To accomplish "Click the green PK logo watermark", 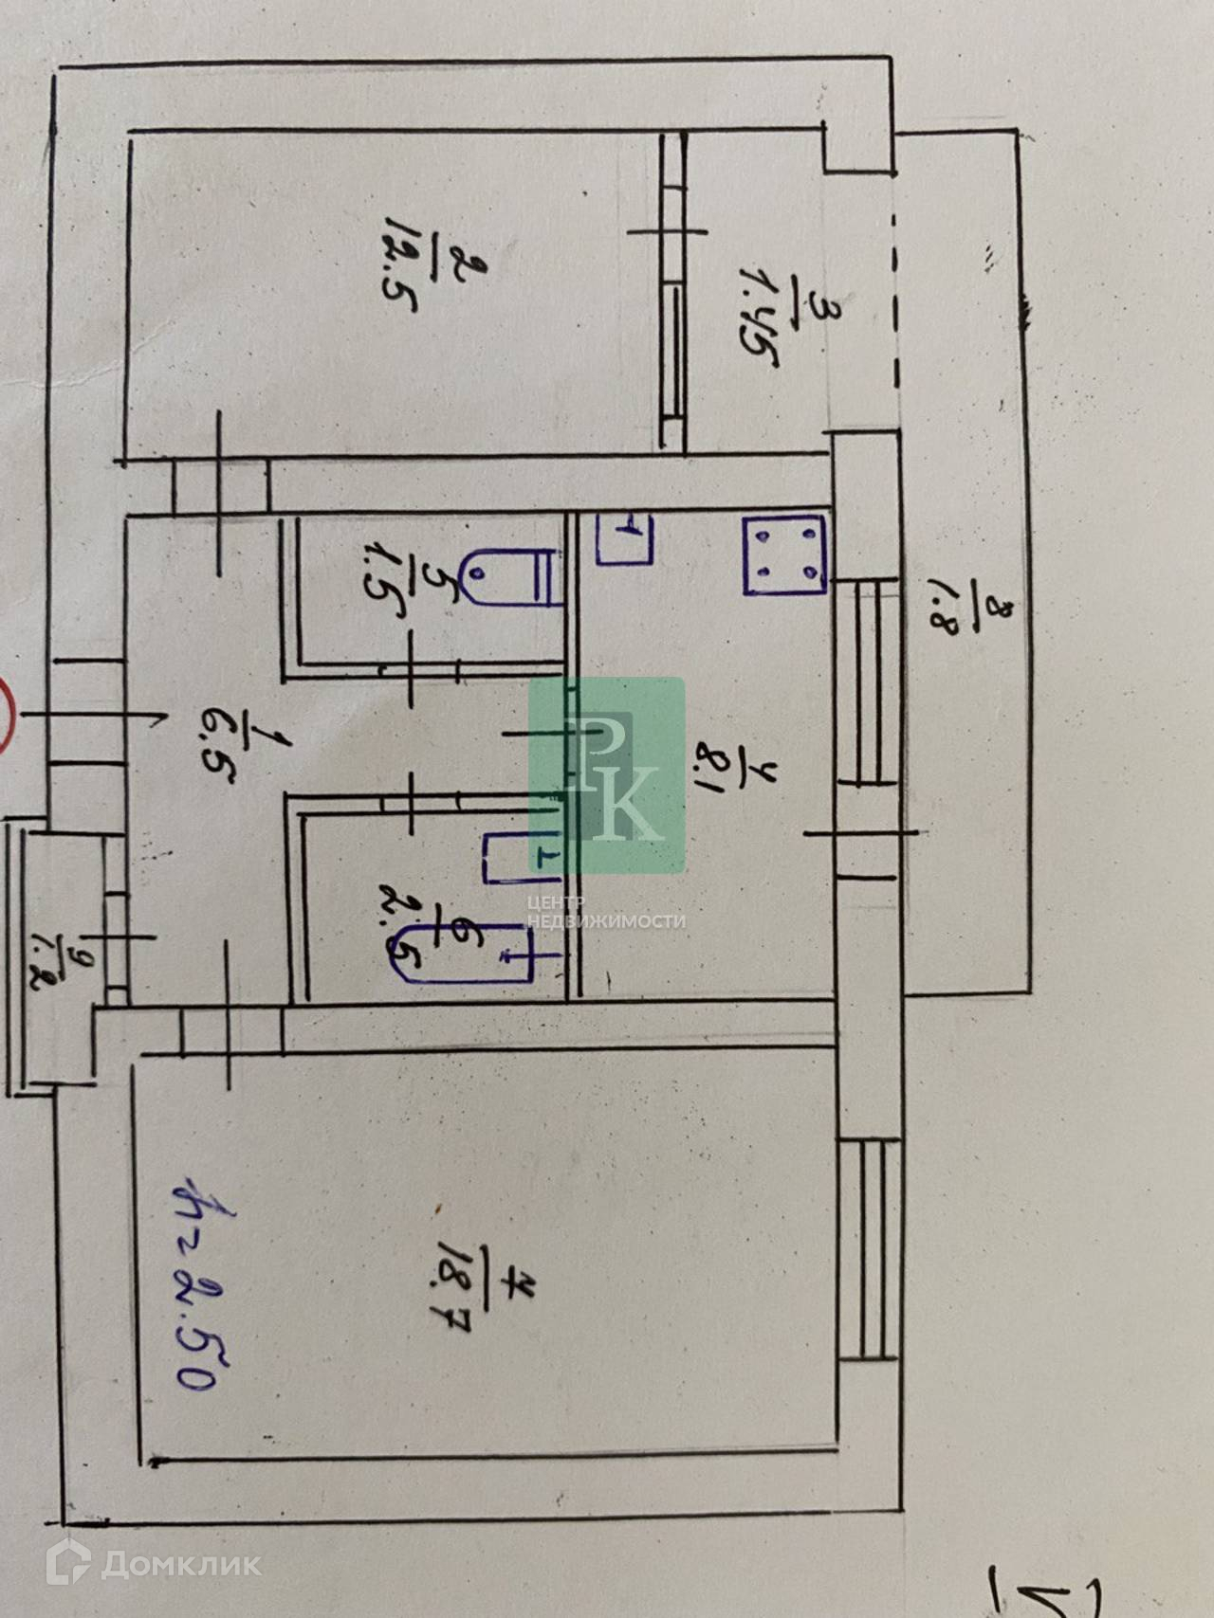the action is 607,775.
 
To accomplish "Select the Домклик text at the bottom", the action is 180,1563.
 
